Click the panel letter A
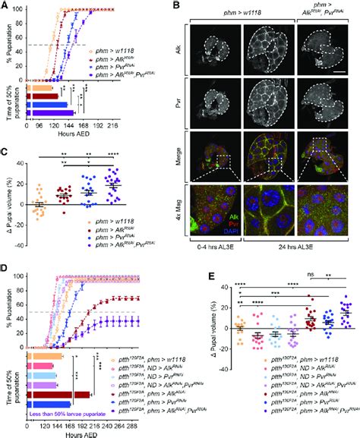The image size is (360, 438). click(6, 6)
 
